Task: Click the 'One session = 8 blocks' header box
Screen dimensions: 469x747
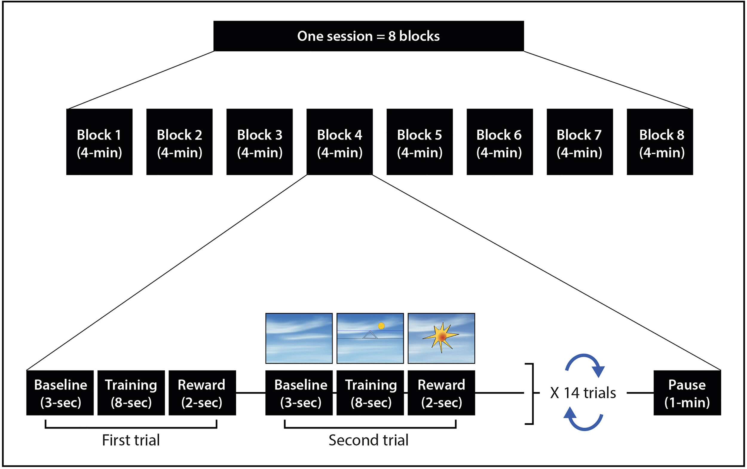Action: (x=368, y=36)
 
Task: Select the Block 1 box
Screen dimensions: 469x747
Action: (x=99, y=142)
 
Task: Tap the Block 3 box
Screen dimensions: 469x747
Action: (x=259, y=142)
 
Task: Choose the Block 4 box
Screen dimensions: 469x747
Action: (x=339, y=142)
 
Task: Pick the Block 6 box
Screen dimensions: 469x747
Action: (x=500, y=142)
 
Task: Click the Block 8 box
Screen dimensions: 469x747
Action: (x=659, y=142)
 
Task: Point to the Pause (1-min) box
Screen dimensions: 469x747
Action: (x=687, y=393)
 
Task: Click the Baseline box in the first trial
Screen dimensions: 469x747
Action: (x=60, y=393)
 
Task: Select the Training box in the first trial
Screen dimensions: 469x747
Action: (x=131, y=393)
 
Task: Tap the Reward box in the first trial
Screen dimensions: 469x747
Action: (x=202, y=393)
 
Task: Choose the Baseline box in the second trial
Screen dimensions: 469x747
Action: (x=299, y=393)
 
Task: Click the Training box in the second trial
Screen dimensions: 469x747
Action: (x=370, y=393)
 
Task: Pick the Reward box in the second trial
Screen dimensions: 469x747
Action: (x=441, y=393)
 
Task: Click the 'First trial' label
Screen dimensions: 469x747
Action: (x=131, y=440)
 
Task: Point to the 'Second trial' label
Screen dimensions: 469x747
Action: (x=368, y=440)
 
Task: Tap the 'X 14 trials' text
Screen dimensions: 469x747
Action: (x=583, y=393)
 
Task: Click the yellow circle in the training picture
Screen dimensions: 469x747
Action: (x=381, y=326)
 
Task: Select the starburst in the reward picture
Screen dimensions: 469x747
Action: (x=441, y=337)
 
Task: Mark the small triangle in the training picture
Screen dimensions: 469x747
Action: (x=370, y=335)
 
